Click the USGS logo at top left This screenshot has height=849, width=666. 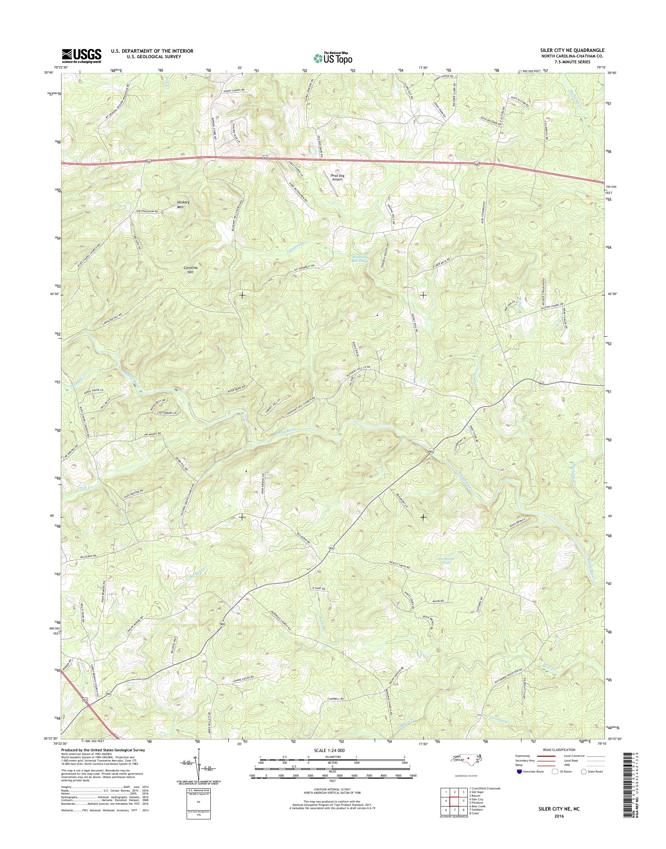point(81,56)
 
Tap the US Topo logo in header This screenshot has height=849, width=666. point(333,58)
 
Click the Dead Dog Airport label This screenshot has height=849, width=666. point(337,177)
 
